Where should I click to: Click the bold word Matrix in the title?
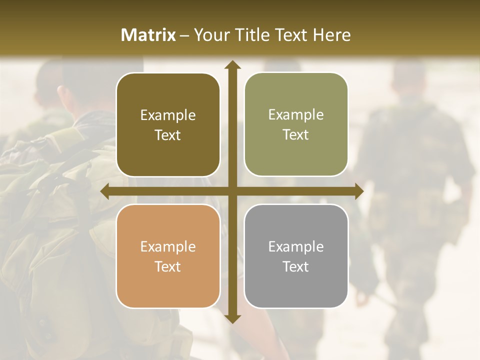(148, 35)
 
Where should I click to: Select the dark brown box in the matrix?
(168, 125)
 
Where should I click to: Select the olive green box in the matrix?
(296, 124)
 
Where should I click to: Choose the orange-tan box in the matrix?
(168, 256)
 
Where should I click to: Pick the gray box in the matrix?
(296, 256)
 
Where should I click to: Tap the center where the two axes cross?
(232, 191)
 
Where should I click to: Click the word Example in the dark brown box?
(168, 115)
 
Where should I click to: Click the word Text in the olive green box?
(296, 135)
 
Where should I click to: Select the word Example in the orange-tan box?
(168, 246)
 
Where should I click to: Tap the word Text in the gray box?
(296, 266)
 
